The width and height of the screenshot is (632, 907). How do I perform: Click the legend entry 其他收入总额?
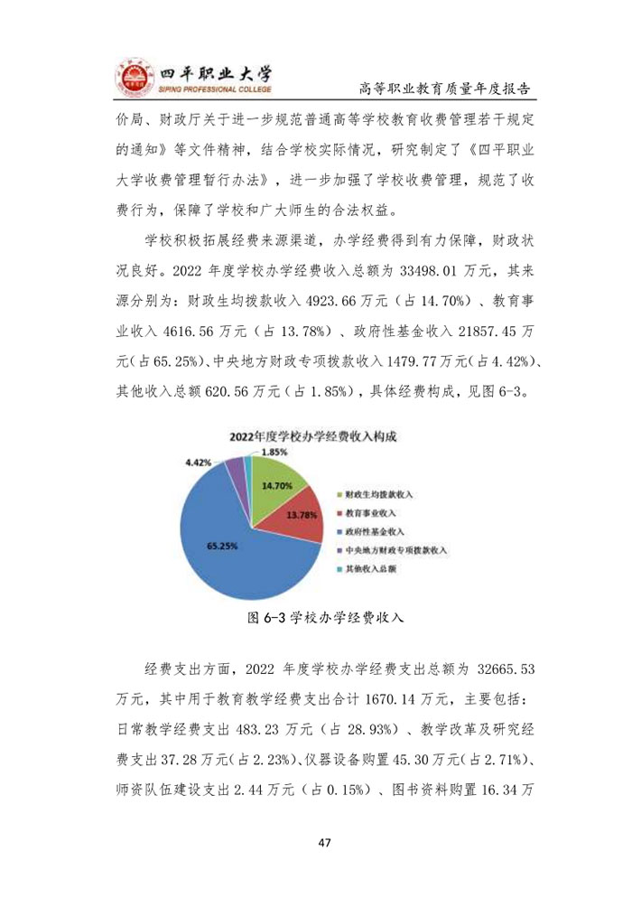tap(368, 568)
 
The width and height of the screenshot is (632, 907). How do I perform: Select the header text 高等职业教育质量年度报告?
tap(443, 89)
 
